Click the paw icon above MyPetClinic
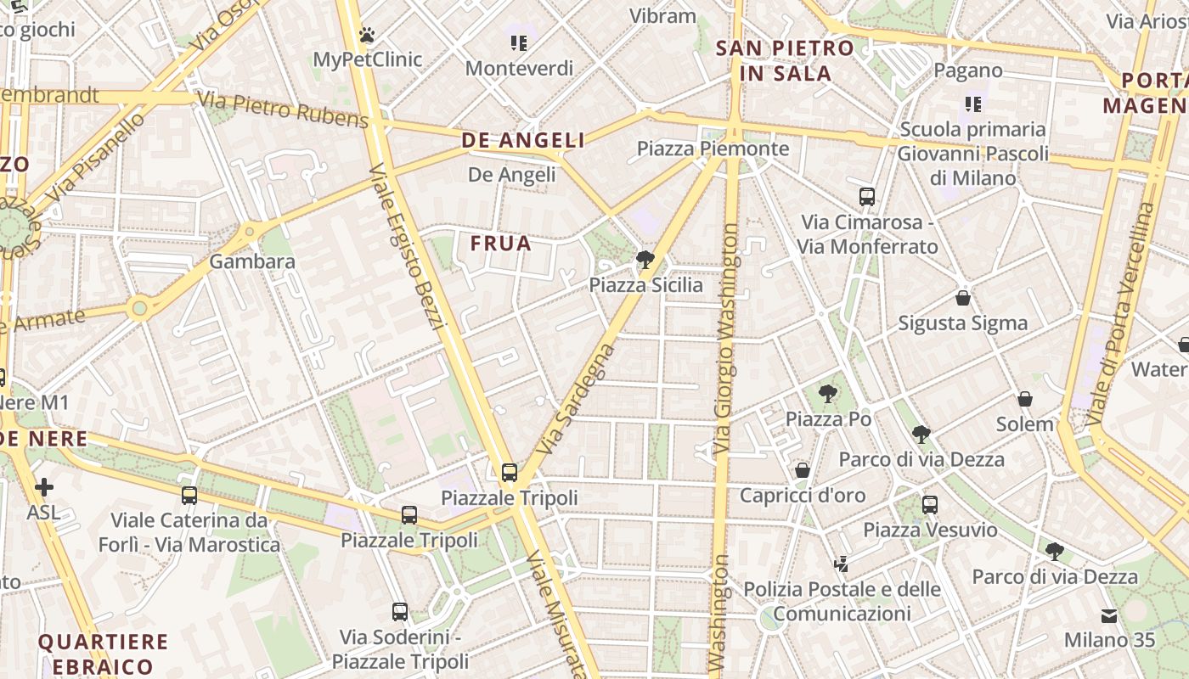point(367,35)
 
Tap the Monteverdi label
point(519,68)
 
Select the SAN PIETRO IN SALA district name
point(785,60)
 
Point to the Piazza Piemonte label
point(713,149)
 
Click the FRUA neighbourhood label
point(501,244)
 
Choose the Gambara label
point(252,261)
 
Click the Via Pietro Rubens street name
point(284,108)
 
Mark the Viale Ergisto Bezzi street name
point(408,246)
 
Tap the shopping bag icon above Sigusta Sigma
point(963,298)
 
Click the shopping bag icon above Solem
point(1025,399)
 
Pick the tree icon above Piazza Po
point(828,394)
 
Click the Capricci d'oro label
point(803,495)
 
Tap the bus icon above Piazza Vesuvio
point(930,505)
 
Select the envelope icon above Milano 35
point(1109,615)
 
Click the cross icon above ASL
point(44,487)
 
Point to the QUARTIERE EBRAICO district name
point(104,654)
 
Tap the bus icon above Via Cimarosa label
point(867,197)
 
